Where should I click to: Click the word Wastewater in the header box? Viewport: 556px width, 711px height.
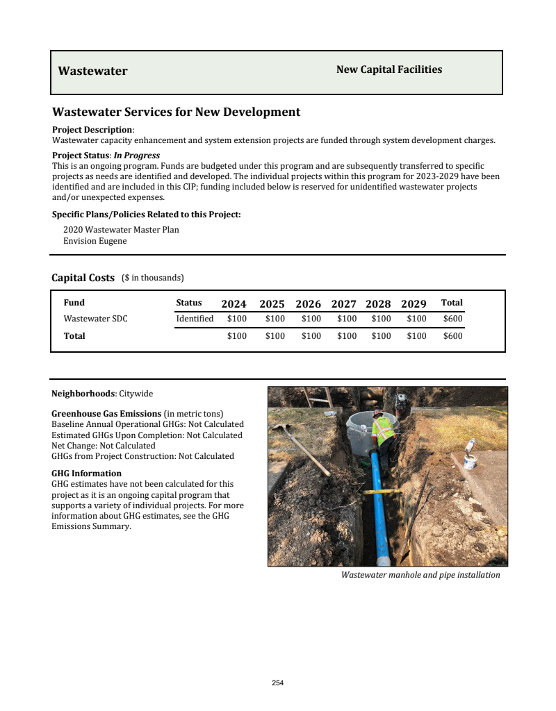[92, 71]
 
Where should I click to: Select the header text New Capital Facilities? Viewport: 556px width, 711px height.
[389, 69]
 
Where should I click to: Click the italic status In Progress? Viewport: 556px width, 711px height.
[137, 156]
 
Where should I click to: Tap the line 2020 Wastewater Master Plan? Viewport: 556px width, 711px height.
[121, 230]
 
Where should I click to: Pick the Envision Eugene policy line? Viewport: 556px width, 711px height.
[95, 241]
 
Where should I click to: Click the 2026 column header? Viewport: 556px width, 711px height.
[308, 303]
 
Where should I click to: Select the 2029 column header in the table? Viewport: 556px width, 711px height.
[414, 303]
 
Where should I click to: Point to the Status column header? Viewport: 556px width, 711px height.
[189, 303]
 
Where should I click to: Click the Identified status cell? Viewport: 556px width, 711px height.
[195, 319]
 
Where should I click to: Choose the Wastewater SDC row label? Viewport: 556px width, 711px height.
[95, 319]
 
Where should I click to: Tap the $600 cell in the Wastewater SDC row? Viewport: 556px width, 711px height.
[452, 319]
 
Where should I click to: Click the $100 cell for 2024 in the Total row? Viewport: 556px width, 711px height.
[237, 336]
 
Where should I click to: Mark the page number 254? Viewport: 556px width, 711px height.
[278, 683]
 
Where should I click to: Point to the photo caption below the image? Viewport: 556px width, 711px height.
[420, 575]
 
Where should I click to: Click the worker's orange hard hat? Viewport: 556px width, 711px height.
[378, 414]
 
